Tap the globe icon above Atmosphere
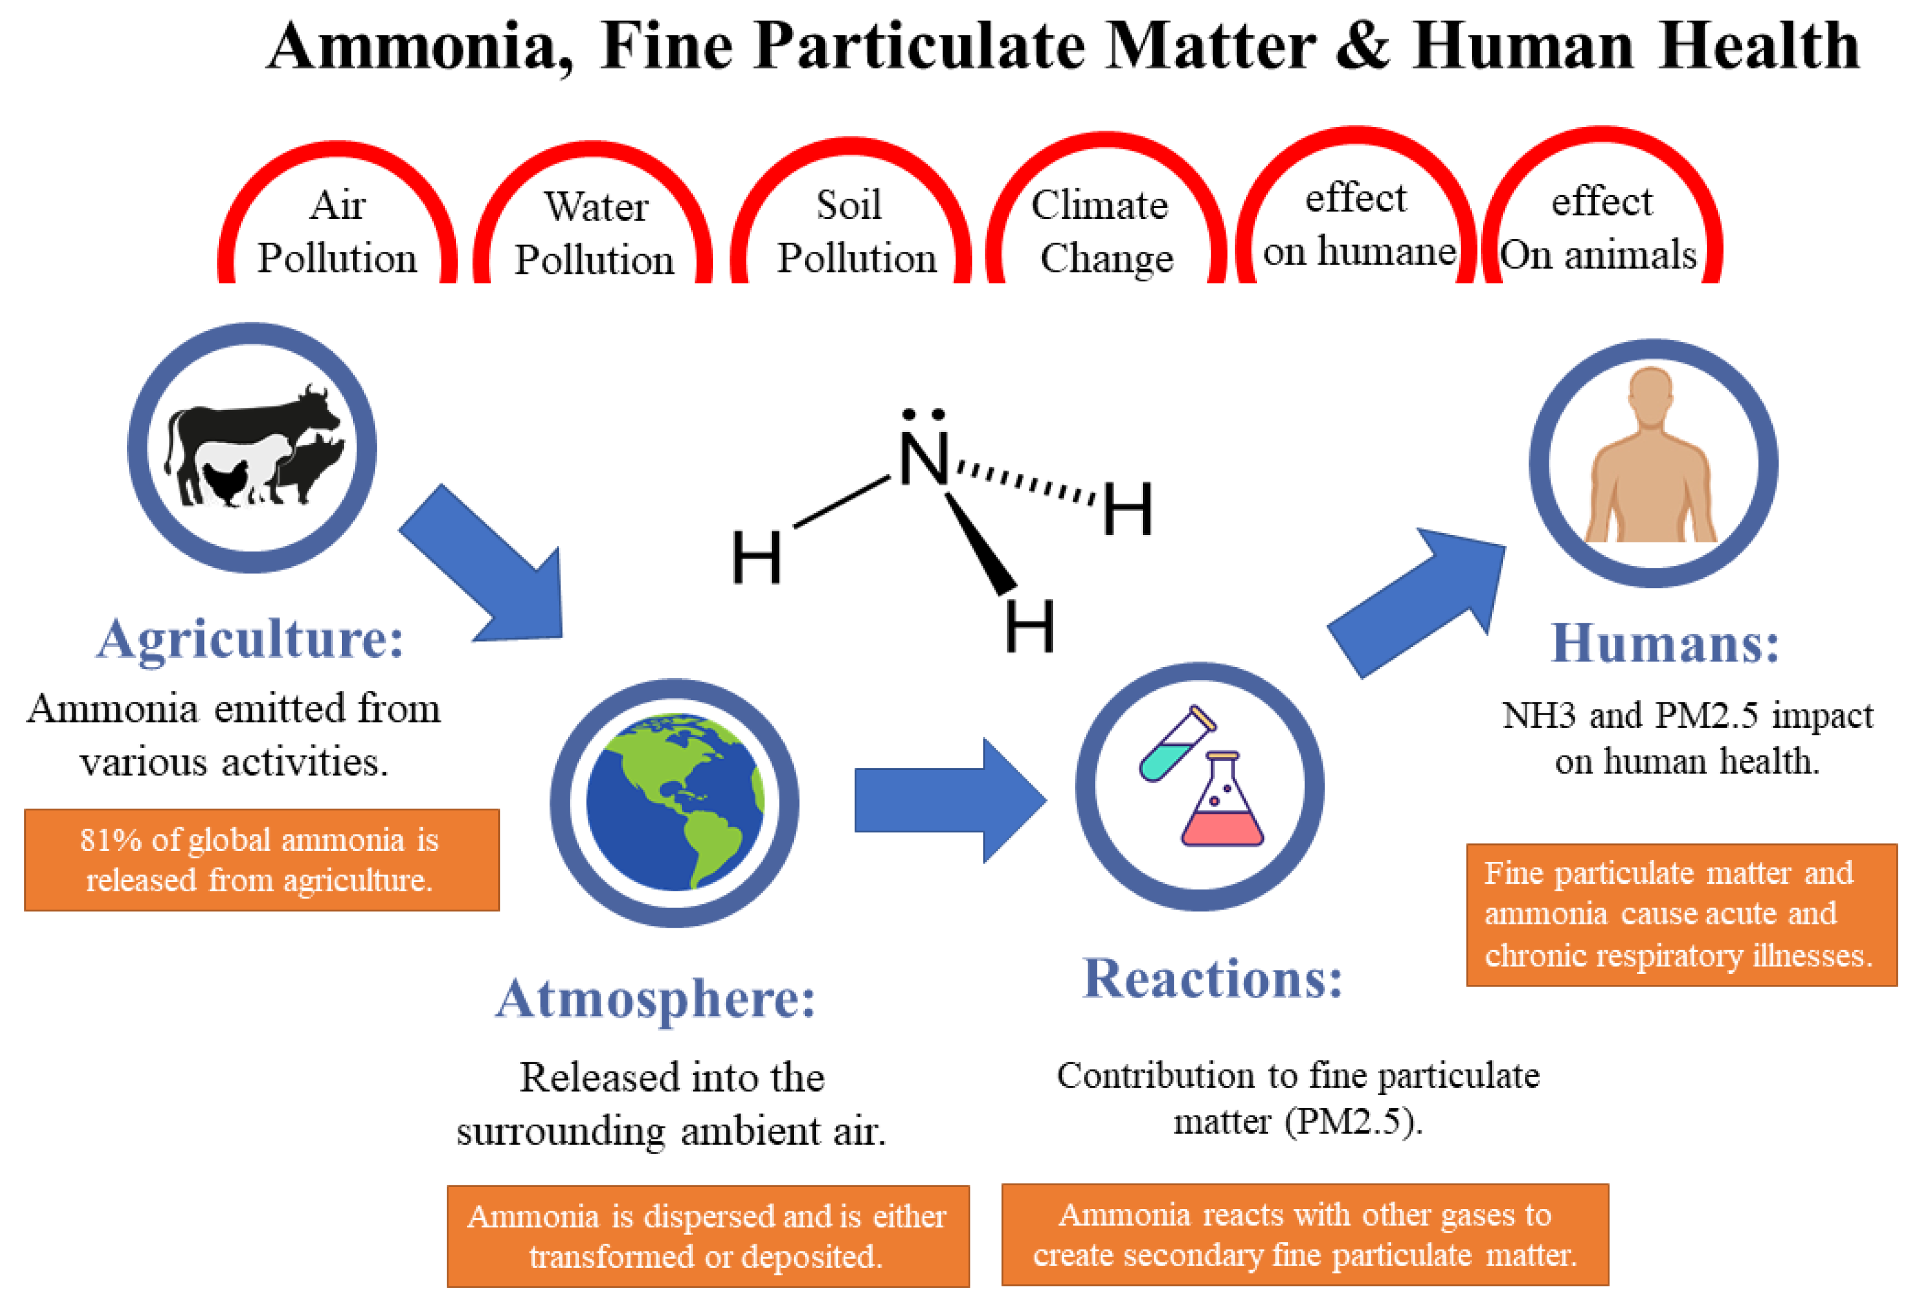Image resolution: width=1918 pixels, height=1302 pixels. click(x=674, y=802)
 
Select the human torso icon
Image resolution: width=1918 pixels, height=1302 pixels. click(x=1650, y=462)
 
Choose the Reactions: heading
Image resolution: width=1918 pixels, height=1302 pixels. click(x=1212, y=979)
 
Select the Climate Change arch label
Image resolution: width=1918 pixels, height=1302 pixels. click(x=1102, y=231)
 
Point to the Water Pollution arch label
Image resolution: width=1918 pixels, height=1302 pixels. click(x=594, y=233)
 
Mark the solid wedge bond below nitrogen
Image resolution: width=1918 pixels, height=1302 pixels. click(x=981, y=545)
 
